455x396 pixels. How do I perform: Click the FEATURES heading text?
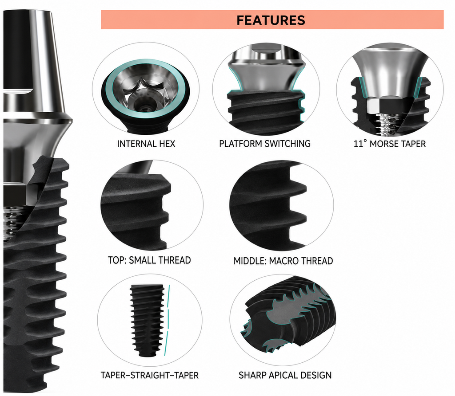271,20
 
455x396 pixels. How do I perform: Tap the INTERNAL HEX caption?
146,144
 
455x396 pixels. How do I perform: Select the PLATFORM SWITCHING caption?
265,144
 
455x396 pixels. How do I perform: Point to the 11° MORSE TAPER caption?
389,144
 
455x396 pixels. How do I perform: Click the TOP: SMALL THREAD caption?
149,260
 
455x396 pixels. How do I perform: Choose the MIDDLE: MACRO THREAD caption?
283,261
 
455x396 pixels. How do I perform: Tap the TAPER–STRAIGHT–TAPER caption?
149,376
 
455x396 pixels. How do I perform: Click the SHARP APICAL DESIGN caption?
285,376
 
